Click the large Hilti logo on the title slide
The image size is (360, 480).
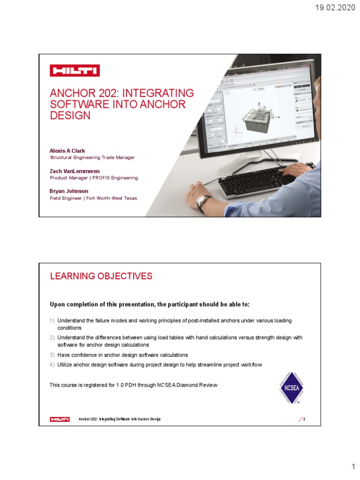click(x=75, y=71)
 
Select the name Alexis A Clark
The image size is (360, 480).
click(x=67, y=150)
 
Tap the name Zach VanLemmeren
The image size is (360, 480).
click(x=75, y=171)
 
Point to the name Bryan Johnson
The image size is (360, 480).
click(x=69, y=191)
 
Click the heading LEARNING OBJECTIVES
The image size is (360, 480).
click(x=101, y=276)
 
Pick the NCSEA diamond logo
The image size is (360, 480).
click(x=291, y=387)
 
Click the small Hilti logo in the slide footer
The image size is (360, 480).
click(x=60, y=419)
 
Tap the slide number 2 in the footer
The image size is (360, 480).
click(x=304, y=419)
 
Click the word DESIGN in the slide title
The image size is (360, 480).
click(x=70, y=116)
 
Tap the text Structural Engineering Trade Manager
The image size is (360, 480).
click(x=92, y=157)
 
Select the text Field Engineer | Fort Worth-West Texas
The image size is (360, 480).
click(x=93, y=198)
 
